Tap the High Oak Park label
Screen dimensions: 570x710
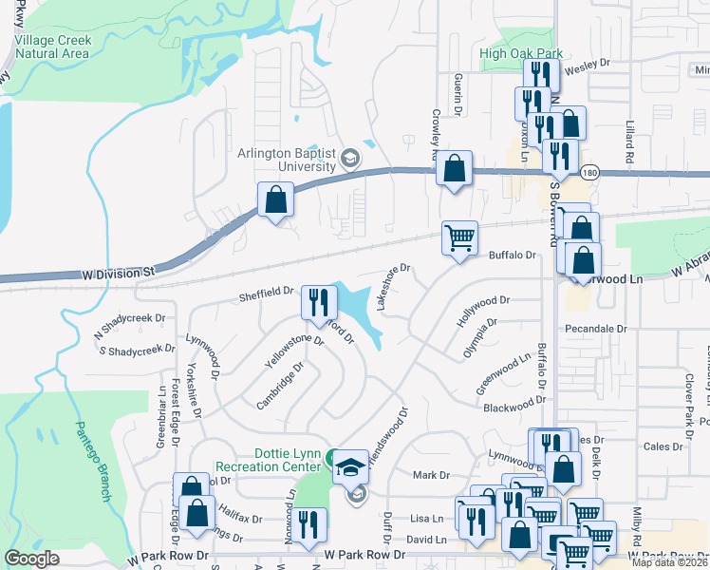tap(521, 54)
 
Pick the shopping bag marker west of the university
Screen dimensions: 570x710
tap(275, 199)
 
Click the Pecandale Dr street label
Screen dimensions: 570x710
tap(596, 328)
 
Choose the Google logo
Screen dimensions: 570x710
tap(32, 559)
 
